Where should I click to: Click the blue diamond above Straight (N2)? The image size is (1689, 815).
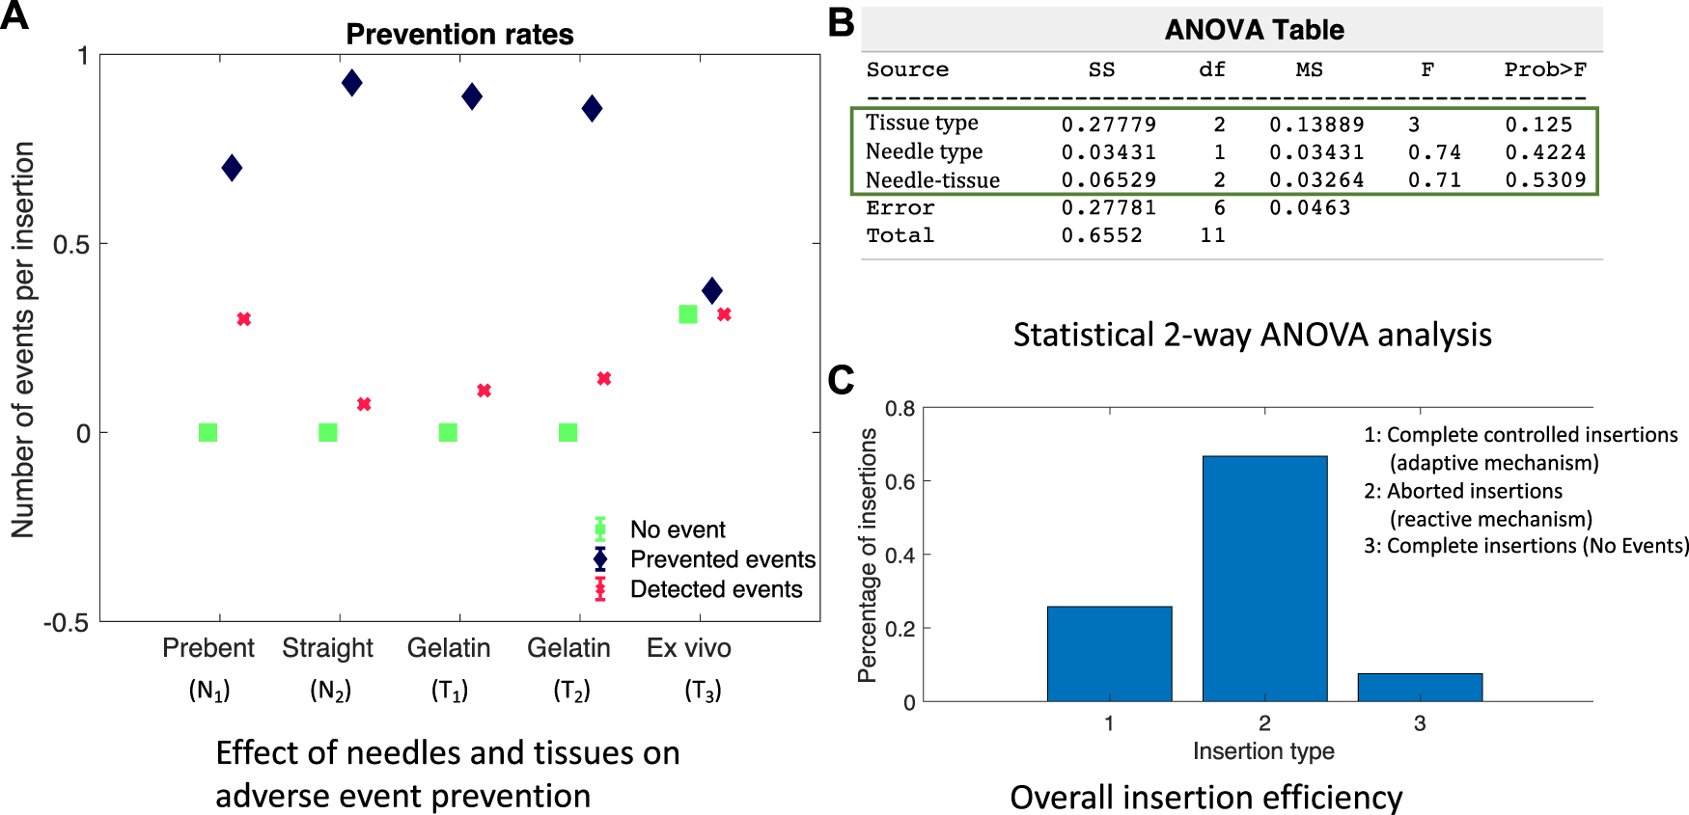coord(352,83)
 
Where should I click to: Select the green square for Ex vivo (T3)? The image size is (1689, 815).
coord(688,314)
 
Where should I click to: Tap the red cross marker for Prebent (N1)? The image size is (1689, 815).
coord(244,319)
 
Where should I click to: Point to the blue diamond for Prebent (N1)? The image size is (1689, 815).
coord(232,168)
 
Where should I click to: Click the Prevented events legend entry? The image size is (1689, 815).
coord(722,559)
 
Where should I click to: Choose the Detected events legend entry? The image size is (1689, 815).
coord(715,589)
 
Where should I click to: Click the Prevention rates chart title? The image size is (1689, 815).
coord(459,35)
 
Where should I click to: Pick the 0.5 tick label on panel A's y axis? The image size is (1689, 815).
coord(71,244)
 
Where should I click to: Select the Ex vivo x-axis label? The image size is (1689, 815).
coord(688,648)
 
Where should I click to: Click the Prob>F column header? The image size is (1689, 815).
coord(1544,69)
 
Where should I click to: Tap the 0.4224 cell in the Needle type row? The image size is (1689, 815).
coord(1545,152)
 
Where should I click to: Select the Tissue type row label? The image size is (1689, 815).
coord(922,123)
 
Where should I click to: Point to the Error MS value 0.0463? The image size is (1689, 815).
coord(1309,208)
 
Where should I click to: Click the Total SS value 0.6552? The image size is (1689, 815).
coord(1101,236)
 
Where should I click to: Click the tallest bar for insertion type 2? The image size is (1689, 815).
coord(1264,579)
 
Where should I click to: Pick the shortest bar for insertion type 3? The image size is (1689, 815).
coord(1420,687)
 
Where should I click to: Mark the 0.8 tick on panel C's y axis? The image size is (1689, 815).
coord(900,409)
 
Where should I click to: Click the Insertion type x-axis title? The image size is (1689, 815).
coord(1263,751)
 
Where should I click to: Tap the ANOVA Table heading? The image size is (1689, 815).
coord(1254,30)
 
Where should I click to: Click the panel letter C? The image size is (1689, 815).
coord(841,380)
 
